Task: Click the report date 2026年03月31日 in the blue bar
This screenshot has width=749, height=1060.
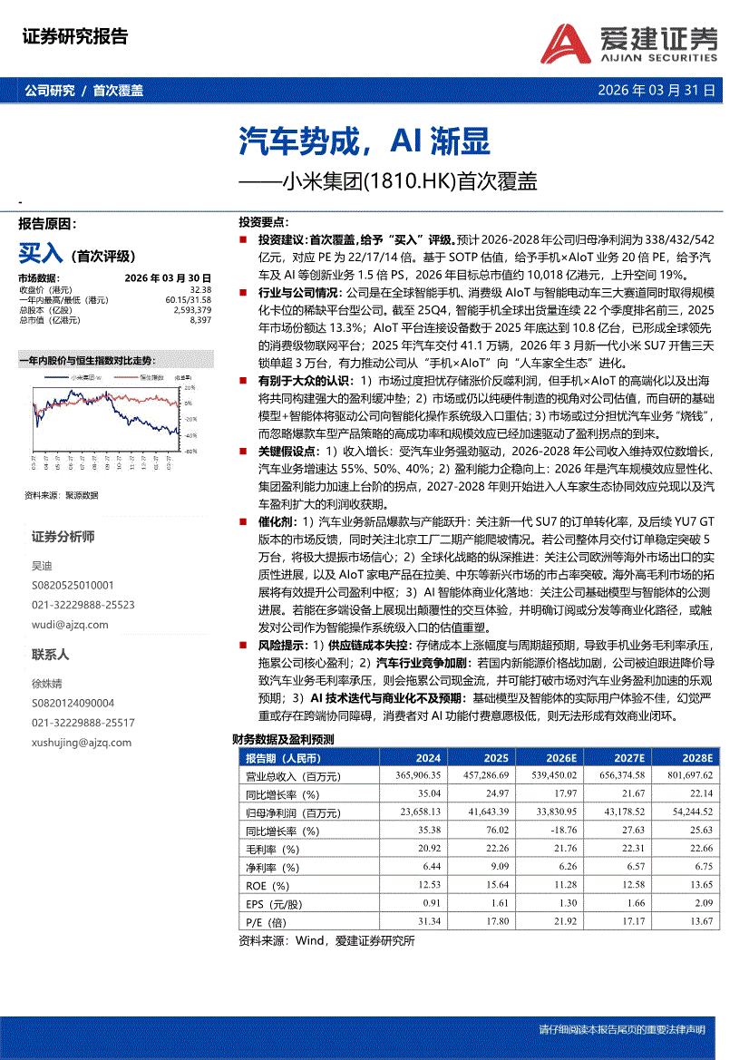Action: pos(657,91)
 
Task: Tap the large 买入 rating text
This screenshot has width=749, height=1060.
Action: pos(40,253)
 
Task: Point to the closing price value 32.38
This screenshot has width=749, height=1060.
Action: pos(200,290)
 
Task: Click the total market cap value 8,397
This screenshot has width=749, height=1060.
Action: pos(199,320)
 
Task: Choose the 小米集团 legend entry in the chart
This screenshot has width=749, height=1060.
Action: pos(88,376)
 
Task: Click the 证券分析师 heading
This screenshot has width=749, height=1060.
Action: pos(63,537)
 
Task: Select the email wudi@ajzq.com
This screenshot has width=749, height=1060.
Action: pos(69,624)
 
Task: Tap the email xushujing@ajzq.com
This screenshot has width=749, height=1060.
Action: pos(82,743)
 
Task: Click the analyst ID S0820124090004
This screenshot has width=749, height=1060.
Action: pos(73,703)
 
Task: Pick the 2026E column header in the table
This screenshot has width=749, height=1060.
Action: pos(560,758)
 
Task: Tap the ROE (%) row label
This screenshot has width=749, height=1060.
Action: pos(268,886)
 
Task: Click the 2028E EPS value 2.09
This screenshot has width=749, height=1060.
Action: pos(702,904)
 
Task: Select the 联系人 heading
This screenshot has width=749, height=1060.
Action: pos(51,655)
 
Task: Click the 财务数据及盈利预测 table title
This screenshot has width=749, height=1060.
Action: pos(283,740)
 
